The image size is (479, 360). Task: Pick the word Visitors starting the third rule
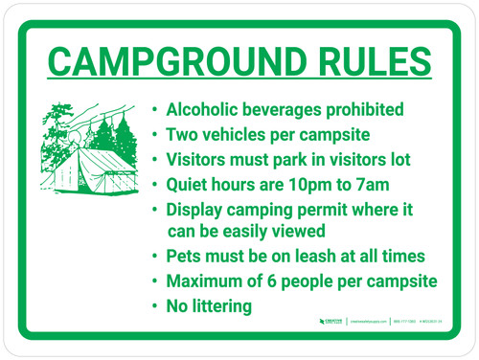pyautogui.click(x=199, y=158)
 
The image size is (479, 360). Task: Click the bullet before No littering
pyautogui.click(x=157, y=307)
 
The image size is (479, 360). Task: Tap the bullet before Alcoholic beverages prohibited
pyautogui.click(x=157, y=109)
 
